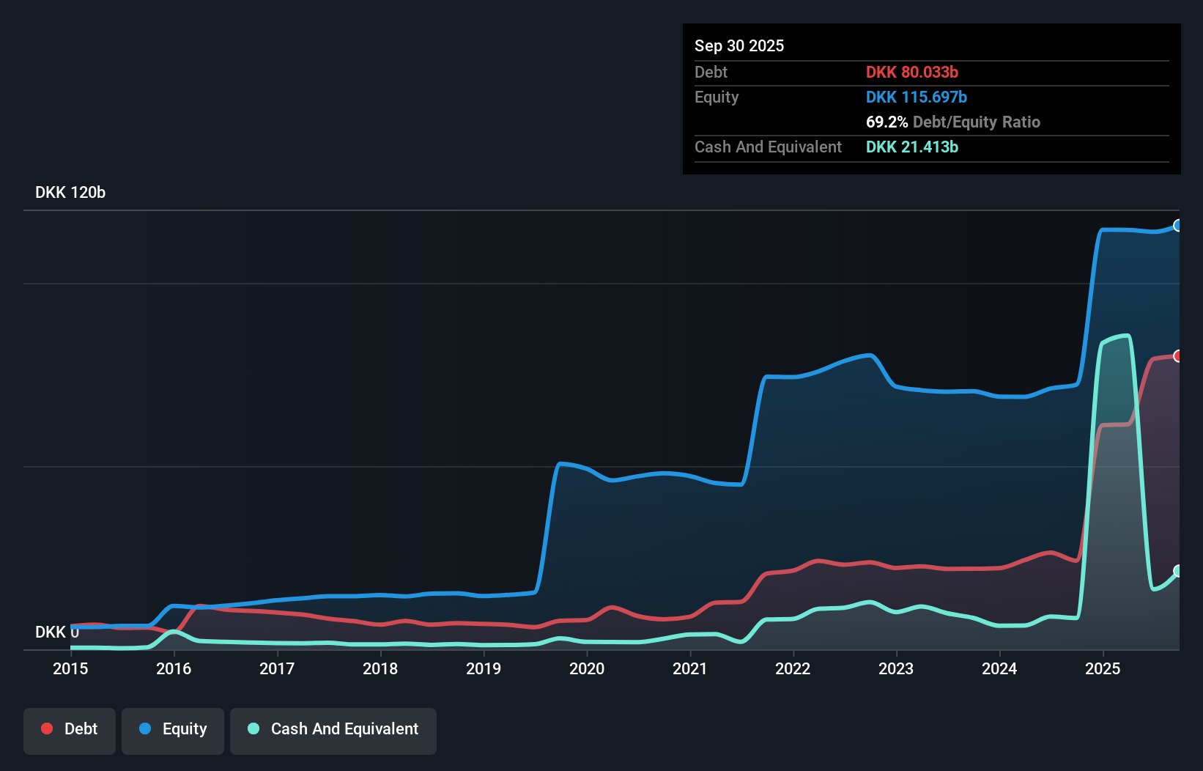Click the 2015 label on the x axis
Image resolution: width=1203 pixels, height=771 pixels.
[x=70, y=668]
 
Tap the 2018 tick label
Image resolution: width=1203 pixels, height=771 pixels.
[x=380, y=668]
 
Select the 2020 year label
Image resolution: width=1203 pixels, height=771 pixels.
[x=587, y=668]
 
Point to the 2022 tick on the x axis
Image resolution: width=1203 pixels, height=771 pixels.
[x=793, y=668]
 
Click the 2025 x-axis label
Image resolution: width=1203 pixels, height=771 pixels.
[x=1103, y=668]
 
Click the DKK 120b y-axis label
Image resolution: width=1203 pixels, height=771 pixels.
[x=70, y=192]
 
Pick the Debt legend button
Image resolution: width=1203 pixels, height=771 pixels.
[x=70, y=729]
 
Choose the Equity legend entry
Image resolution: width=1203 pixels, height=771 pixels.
[x=173, y=729]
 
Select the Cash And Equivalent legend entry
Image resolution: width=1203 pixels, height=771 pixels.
[x=333, y=729]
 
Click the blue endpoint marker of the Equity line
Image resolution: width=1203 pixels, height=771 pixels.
[x=1177, y=226]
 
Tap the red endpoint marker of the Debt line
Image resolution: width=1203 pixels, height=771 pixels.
[x=1177, y=356]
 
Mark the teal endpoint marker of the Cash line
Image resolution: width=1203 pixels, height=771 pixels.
[x=1177, y=571]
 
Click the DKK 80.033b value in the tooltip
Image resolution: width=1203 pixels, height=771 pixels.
[x=911, y=72]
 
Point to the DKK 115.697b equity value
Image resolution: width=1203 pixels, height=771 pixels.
[x=916, y=97]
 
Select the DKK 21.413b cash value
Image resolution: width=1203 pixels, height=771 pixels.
[x=911, y=147]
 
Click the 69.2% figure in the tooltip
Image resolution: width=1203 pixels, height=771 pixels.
[x=886, y=122]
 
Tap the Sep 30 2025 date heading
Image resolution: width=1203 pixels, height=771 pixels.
[x=739, y=45]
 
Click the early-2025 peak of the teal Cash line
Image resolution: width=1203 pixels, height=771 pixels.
[x=1125, y=336]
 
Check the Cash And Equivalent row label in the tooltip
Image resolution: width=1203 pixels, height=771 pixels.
[x=768, y=147]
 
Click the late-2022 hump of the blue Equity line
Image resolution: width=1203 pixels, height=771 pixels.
[x=869, y=355]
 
